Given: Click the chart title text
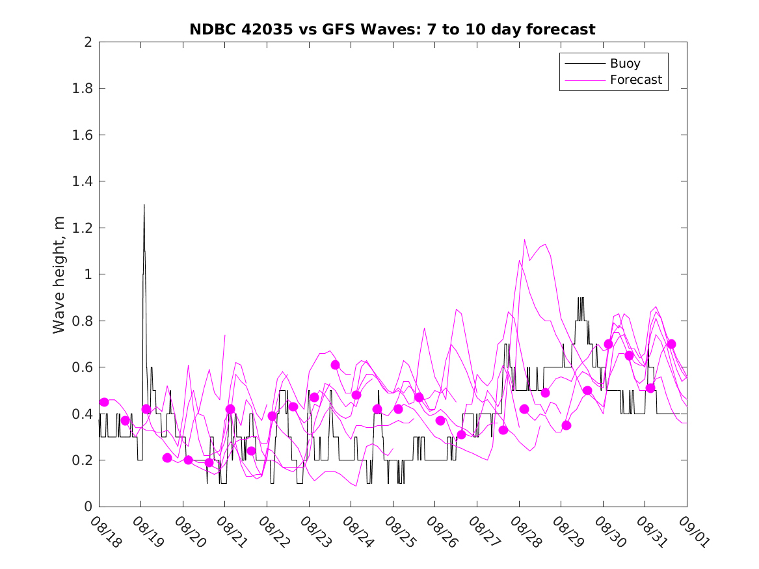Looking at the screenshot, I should [x=392, y=29].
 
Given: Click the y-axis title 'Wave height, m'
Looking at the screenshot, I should [x=59, y=274].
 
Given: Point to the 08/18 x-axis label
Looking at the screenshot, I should [x=105, y=533].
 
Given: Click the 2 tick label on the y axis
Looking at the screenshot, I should [x=87, y=42].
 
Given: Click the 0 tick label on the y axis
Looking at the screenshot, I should [x=87, y=507].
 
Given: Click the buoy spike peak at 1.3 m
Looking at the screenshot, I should [x=144, y=205].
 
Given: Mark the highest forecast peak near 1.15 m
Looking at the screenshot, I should [x=524, y=240].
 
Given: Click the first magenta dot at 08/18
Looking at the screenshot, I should [x=104, y=402].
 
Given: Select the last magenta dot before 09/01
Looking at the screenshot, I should [x=671, y=344].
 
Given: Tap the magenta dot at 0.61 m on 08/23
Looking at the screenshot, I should [x=335, y=365].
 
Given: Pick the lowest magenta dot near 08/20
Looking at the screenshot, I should [x=209, y=462].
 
